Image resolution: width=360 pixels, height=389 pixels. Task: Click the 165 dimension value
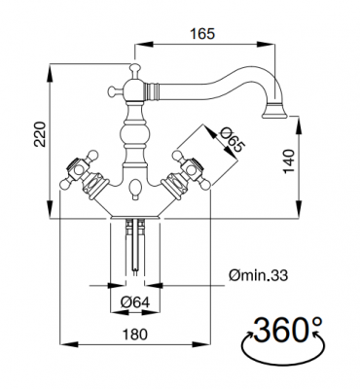tap(202, 33)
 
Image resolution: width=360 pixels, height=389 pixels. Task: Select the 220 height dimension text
tap(40, 134)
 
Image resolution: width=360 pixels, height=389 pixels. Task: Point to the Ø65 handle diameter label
tap(231, 141)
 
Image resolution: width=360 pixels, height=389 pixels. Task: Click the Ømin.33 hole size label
tap(258, 275)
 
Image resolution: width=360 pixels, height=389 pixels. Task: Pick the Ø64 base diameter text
tap(135, 302)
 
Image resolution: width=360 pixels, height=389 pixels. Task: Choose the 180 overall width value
tap(135, 334)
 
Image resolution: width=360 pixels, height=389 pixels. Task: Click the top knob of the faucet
tap(135, 69)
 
